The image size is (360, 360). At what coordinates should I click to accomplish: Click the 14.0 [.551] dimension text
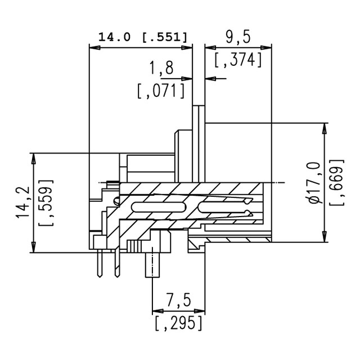pyautogui.click(x=143, y=37)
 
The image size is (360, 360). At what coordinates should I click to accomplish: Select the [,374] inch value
pyautogui.click(x=238, y=60)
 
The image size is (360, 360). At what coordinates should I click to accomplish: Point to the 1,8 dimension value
pyautogui.click(x=161, y=68)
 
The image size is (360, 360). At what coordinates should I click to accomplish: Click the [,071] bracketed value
pyautogui.click(x=161, y=91)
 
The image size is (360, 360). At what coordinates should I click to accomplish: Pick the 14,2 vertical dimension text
pyautogui.click(x=23, y=202)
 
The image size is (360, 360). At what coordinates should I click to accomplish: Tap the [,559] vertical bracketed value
pyautogui.click(x=46, y=202)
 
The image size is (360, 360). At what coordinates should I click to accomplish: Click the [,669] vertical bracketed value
pyautogui.click(x=337, y=182)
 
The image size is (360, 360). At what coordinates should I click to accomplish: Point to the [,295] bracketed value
pyautogui.click(x=178, y=323)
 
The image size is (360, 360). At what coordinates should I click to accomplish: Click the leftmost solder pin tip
pyautogui.click(x=100, y=276)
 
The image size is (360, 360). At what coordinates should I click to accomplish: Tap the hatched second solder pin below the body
pyautogui.click(x=118, y=262)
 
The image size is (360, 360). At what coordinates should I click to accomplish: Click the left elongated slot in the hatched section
pyautogui.click(x=159, y=207)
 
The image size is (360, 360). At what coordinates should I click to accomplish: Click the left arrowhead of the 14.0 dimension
pyautogui.click(x=94, y=48)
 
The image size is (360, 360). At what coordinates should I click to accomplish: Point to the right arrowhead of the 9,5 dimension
pyautogui.click(x=266, y=48)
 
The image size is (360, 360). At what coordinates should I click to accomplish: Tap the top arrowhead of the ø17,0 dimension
pyautogui.click(x=324, y=129)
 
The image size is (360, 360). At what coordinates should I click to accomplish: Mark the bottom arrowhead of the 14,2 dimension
pyautogui.click(x=34, y=247)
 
